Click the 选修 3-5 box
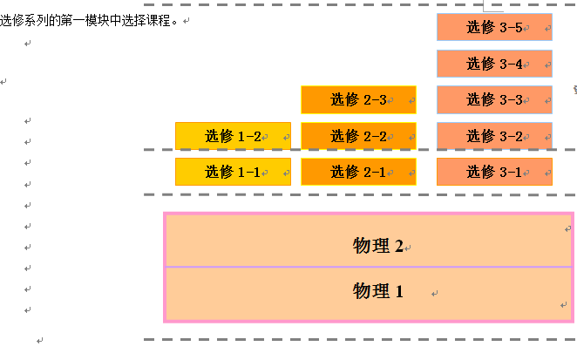[494, 27]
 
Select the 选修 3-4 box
[494, 64]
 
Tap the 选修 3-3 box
[494, 99]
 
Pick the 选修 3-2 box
[494, 136]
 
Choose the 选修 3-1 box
[494, 172]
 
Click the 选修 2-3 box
[358, 99]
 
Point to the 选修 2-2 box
[358, 136]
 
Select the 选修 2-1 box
[358, 172]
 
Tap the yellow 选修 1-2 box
[233, 136]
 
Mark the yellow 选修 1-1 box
[233, 172]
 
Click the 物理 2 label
[378, 246]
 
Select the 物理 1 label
[378, 291]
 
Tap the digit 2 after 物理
[399, 247]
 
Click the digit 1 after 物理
[399, 292]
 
